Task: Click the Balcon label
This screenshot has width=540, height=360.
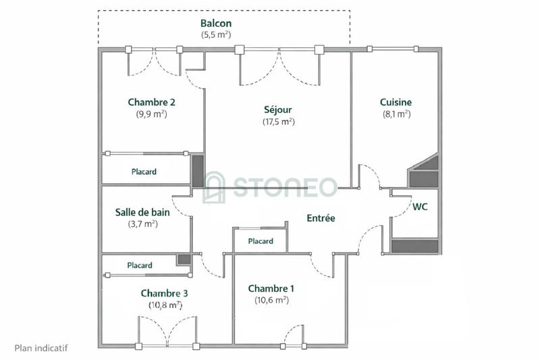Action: (216, 23)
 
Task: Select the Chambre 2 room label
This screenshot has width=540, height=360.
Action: (152, 103)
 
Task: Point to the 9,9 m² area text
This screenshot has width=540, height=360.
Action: (152, 114)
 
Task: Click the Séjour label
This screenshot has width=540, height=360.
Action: (278, 109)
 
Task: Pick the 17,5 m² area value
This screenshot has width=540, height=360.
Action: (278, 122)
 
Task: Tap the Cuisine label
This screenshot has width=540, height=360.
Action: (396, 103)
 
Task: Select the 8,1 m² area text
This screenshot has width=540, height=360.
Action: (396, 114)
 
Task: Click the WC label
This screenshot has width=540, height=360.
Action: (420, 207)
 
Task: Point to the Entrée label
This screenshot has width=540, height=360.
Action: (321, 218)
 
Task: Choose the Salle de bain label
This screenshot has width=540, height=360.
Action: (142, 212)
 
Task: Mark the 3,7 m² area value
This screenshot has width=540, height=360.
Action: (142, 224)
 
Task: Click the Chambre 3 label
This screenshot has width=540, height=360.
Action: (164, 293)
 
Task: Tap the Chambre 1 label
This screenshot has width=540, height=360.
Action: (271, 288)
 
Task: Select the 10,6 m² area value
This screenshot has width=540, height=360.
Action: (271, 300)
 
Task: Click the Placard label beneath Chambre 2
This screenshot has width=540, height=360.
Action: (144, 172)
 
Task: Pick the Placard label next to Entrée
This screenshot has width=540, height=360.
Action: (261, 241)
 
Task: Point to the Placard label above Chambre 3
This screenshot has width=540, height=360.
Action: (140, 265)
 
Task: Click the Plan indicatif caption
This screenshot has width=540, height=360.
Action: (41, 349)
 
